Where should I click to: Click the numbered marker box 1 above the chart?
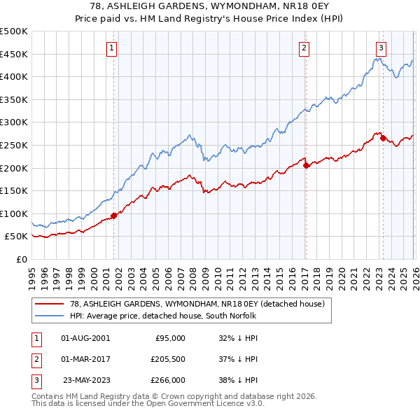coord(113,48)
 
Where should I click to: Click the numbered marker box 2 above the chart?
coord(304,48)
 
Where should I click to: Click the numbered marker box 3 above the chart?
coord(381,48)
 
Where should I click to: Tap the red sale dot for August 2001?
coord(113,216)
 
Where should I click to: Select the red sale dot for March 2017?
coord(306,165)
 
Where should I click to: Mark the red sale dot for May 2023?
coord(383,138)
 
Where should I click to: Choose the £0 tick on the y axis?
coord(21,259)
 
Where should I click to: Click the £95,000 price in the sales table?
coord(169,337)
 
